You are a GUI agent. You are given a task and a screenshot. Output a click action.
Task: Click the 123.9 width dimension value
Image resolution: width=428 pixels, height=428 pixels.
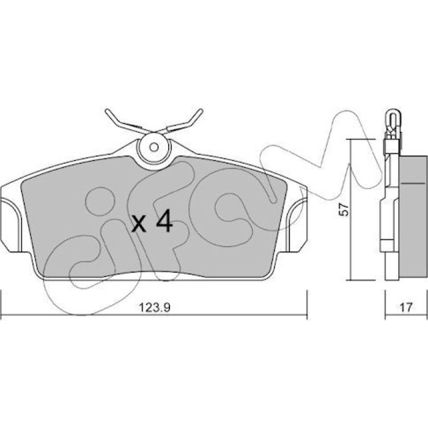pyautogui.click(x=155, y=308)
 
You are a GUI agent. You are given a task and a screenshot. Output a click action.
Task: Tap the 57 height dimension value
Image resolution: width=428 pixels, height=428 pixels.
pyautogui.click(x=344, y=209)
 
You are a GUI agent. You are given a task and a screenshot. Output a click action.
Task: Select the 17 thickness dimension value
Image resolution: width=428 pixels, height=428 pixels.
pyautogui.click(x=405, y=308)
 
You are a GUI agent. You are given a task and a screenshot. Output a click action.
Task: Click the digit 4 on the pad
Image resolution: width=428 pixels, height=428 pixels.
pyautogui.click(x=164, y=221)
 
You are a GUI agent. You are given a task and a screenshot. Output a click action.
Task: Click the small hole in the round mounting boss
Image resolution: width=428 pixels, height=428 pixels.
pyautogui.click(x=154, y=147)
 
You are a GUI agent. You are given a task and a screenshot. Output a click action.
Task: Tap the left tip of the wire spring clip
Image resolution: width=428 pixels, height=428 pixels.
pyautogui.click(x=107, y=111)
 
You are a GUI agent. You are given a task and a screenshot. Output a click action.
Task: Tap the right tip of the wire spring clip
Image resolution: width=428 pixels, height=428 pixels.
pyautogui.click(x=201, y=111)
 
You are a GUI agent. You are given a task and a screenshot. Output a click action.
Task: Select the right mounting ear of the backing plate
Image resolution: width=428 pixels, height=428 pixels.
pyautogui.click(x=297, y=224)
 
